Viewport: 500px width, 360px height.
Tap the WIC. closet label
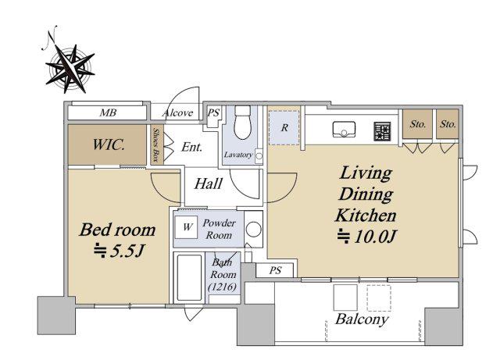[x=109, y=145]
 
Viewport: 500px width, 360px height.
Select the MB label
[x=108, y=112]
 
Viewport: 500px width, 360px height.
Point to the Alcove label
[x=177, y=113]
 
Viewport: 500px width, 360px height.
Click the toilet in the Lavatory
[x=243, y=122]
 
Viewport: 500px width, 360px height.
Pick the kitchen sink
[x=344, y=129]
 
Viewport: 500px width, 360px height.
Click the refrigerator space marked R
[x=284, y=127]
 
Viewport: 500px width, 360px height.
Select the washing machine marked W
[x=187, y=227]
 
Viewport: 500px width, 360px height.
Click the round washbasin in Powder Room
[x=254, y=229]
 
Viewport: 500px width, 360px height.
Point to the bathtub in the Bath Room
[x=189, y=278]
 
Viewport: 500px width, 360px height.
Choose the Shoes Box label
[x=156, y=144]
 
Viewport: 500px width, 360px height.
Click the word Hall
[x=209, y=184]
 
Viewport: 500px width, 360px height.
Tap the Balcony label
[x=362, y=319]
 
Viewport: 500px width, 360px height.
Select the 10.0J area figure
[x=367, y=237]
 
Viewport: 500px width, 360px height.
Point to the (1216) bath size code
[x=223, y=287]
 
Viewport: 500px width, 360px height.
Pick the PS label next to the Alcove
[x=213, y=112]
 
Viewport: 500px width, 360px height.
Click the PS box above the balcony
[x=275, y=271]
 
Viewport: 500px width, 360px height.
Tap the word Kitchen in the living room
[x=366, y=216]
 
